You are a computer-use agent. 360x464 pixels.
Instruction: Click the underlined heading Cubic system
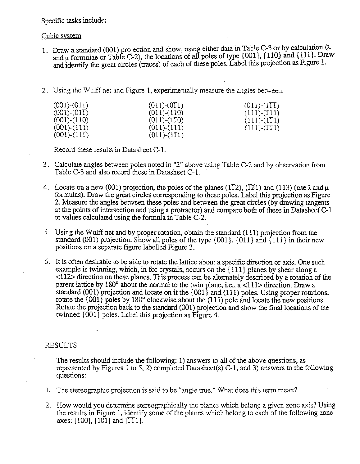click(x=61, y=36)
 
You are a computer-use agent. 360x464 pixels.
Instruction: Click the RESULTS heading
click(x=61, y=345)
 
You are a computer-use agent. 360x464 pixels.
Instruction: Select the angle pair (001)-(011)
click(x=71, y=105)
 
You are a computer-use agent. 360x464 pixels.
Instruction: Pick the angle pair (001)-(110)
click(x=71, y=120)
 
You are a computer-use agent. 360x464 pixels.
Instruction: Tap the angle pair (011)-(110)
click(x=166, y=113)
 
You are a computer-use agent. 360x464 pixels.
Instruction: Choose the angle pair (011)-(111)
click(x=166, y=128)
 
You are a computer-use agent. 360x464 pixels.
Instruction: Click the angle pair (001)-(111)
click(x=71, y=128)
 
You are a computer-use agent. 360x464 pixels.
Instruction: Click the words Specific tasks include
click(x=74, y=20)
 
